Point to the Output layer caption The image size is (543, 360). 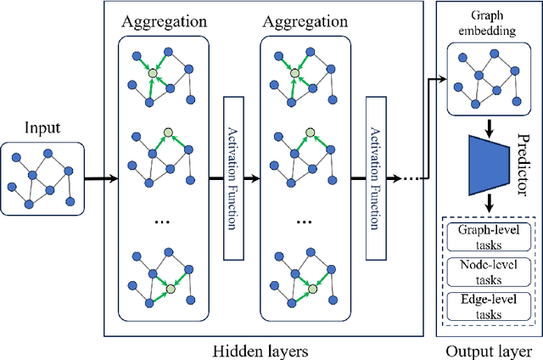(x=487, y=348)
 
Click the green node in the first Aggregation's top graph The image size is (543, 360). (x=153, y=75)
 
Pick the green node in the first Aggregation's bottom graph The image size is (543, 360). (x=170, y=290)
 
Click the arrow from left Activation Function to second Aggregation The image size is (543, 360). (x=252, y=179)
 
